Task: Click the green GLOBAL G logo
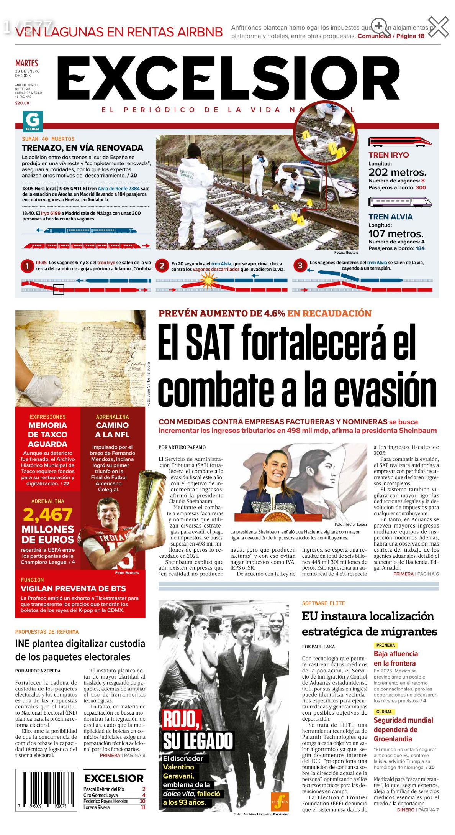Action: (x=33, y=121)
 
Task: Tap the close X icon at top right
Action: (x=438, y=27)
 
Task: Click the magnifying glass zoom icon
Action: (x=380, y=27)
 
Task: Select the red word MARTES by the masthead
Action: (x=26, y=63)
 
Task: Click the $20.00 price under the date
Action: (x=22, y=103)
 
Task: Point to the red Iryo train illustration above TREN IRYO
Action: (x=400, y=142)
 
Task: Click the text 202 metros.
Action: (x=397, y=172)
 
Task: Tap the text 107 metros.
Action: (x=396, y=233)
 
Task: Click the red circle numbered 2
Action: (x=162, y=266)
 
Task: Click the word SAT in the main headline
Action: (x=210, y=342)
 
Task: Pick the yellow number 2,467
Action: (x=47, y=514)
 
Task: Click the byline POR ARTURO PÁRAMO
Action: (x=182, y=447)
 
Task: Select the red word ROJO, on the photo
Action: (x=182, y=719)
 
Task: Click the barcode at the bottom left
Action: (x=46, y=789)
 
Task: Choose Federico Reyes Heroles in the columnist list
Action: (x=106, y=801)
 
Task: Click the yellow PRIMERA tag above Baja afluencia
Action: (x=385, y=645)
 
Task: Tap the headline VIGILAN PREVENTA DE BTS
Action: (x=73, y=588)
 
